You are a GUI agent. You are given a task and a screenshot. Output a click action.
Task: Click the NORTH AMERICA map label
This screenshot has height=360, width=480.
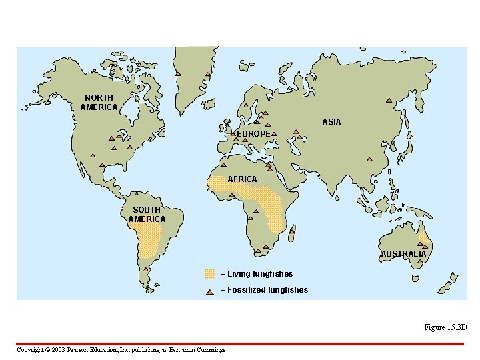(x=99, y=103)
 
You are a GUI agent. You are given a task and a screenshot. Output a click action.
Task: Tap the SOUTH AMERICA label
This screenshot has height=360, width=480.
(x=147, y=215)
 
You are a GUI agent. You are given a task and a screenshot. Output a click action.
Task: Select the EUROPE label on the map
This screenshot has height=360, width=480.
(x=253, y=134)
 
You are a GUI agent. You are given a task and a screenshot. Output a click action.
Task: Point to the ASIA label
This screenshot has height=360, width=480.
(x=331, y=122)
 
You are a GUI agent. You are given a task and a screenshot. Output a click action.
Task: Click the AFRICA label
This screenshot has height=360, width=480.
(x=242, y=179)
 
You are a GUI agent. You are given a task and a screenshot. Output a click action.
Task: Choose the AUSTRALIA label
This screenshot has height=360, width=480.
(x=403, y=254)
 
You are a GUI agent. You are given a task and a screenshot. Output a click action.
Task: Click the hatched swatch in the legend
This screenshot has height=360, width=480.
(x=210, y=273)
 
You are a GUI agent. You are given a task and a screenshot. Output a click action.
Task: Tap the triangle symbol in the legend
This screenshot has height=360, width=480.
(x=210, y=290)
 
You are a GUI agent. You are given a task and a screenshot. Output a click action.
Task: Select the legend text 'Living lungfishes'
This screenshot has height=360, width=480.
(x=259, y=273)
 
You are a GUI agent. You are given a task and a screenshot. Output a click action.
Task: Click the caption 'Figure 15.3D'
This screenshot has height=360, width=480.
(x=445, y=327)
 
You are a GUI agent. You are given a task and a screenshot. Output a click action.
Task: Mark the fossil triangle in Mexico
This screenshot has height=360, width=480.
(x=102, y=165)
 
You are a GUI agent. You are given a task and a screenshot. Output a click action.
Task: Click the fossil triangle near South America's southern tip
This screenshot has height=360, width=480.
(x=145, y=270)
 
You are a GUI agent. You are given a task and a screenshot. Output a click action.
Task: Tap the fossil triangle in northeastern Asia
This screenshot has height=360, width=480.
(x=389, y=101)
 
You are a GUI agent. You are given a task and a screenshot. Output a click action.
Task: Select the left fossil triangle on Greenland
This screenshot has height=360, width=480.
(x=178, y=73)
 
